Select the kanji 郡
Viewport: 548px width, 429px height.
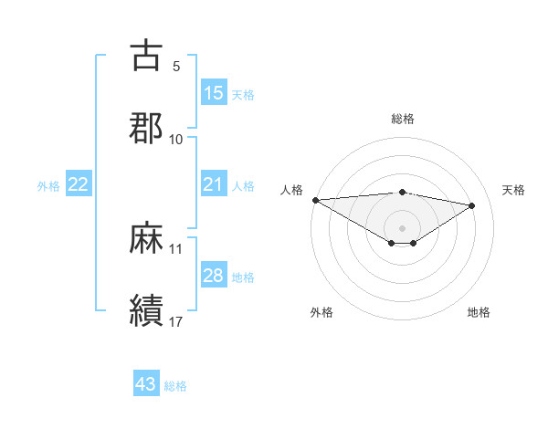146,128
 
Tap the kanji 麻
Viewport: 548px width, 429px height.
146,238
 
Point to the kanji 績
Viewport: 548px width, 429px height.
146,310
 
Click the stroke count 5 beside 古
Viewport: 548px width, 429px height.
176,67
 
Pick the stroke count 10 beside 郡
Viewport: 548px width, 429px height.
176,140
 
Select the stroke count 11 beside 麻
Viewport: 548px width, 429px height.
176,248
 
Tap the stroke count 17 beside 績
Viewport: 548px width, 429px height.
176,321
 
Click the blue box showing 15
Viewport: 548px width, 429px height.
214,93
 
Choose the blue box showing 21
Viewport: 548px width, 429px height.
214,184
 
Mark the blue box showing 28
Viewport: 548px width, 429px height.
214,276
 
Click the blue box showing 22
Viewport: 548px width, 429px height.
79,184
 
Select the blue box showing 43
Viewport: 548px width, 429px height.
146,384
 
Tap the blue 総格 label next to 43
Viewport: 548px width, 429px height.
175,386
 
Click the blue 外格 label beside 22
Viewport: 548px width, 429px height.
48,186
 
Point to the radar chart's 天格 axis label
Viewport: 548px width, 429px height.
514,190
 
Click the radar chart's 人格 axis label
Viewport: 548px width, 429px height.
290,190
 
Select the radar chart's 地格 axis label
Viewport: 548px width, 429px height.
479,312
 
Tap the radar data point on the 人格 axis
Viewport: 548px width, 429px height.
315,200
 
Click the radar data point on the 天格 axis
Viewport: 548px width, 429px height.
472,205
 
